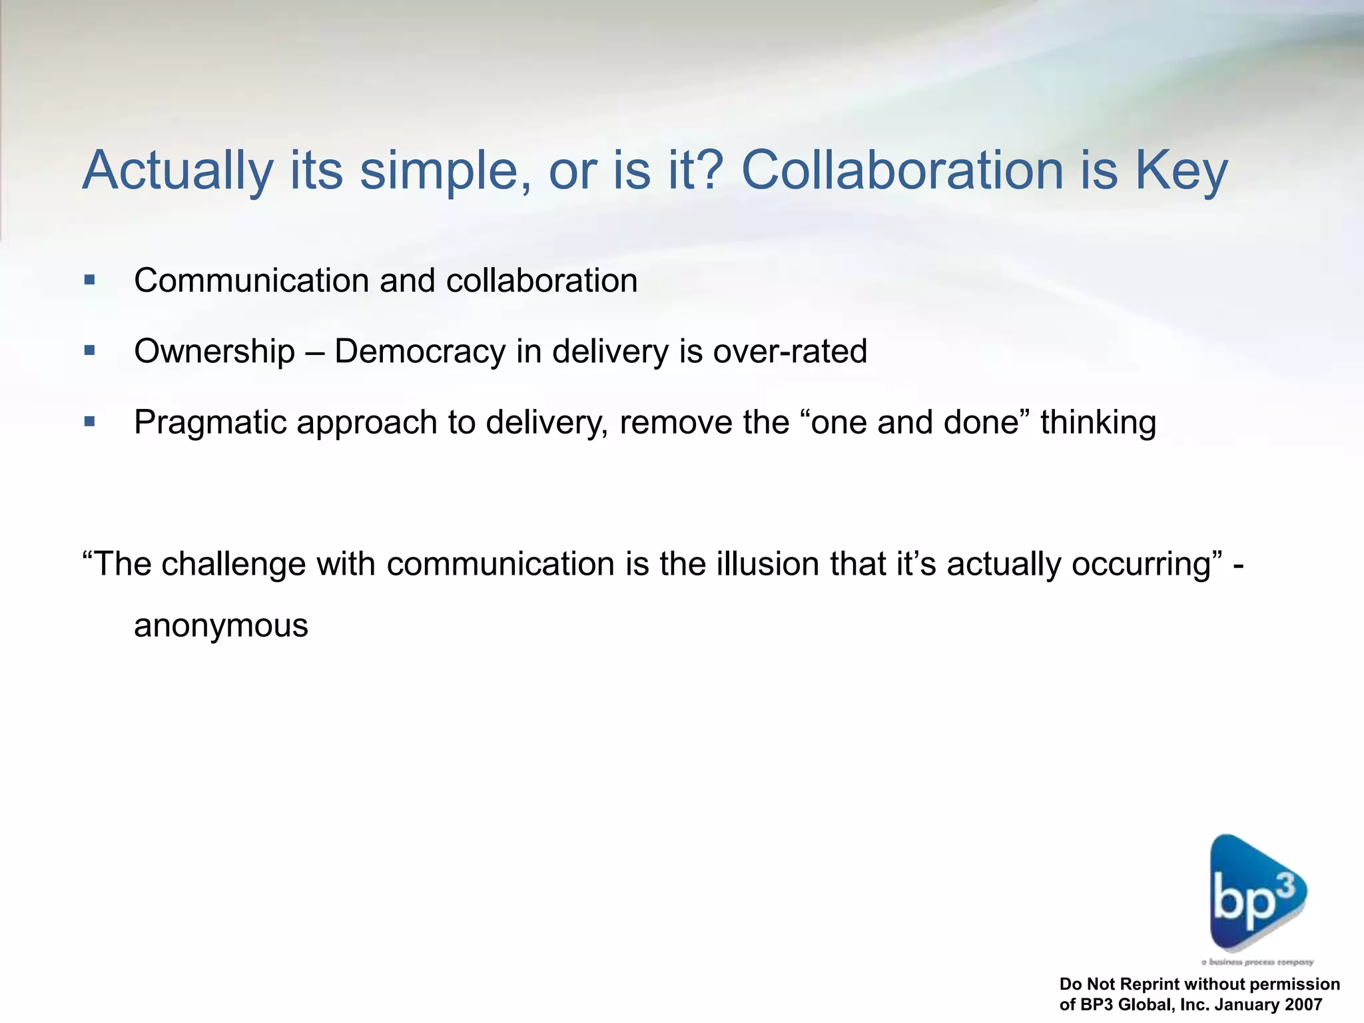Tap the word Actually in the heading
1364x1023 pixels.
click(x=178, y=170)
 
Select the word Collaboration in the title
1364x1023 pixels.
click(x=902, y=170)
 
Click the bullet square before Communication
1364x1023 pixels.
click(x=90, y=280)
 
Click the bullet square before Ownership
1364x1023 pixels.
click(x=90, y=350)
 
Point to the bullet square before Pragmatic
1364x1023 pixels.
click(x=90, y=422)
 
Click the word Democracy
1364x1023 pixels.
click(x=420, y=351)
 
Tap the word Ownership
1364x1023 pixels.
click(x=214, y=351)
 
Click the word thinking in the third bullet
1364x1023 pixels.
click(x=1098, y=422)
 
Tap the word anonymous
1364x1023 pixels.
click(x=221, y=625)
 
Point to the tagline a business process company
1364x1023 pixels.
click(x=1257, y=962)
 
